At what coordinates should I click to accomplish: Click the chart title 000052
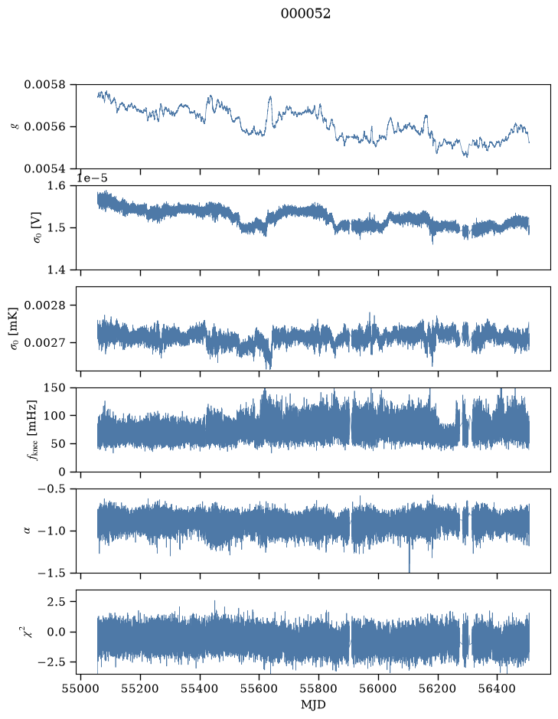pos(305,14)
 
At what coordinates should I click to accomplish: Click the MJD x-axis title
pos(313,704)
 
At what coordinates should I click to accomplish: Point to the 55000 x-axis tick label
pos(80,688)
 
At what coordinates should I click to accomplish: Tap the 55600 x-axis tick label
pos(259,688)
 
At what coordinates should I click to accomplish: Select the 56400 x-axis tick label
pos(498,688)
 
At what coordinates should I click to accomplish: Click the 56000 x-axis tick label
pos(379,688)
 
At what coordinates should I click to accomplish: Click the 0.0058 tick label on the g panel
pos(45,84)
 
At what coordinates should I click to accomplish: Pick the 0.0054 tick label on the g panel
pos(45,168)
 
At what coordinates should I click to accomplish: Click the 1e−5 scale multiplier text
pos(92,178)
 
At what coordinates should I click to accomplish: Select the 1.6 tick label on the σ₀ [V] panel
pos(57,186)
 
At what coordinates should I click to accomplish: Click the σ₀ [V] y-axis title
pos(38,227)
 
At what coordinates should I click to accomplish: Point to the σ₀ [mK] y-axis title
pos(14,328)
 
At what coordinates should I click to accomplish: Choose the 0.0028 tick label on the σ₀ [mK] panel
pos(45,306)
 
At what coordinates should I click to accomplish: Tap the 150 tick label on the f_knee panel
pos(54,388)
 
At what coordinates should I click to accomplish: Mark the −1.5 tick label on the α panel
pos(52,574)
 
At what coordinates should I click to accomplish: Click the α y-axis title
pos(27,531)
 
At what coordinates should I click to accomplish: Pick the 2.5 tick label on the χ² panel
pos(57,602)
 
